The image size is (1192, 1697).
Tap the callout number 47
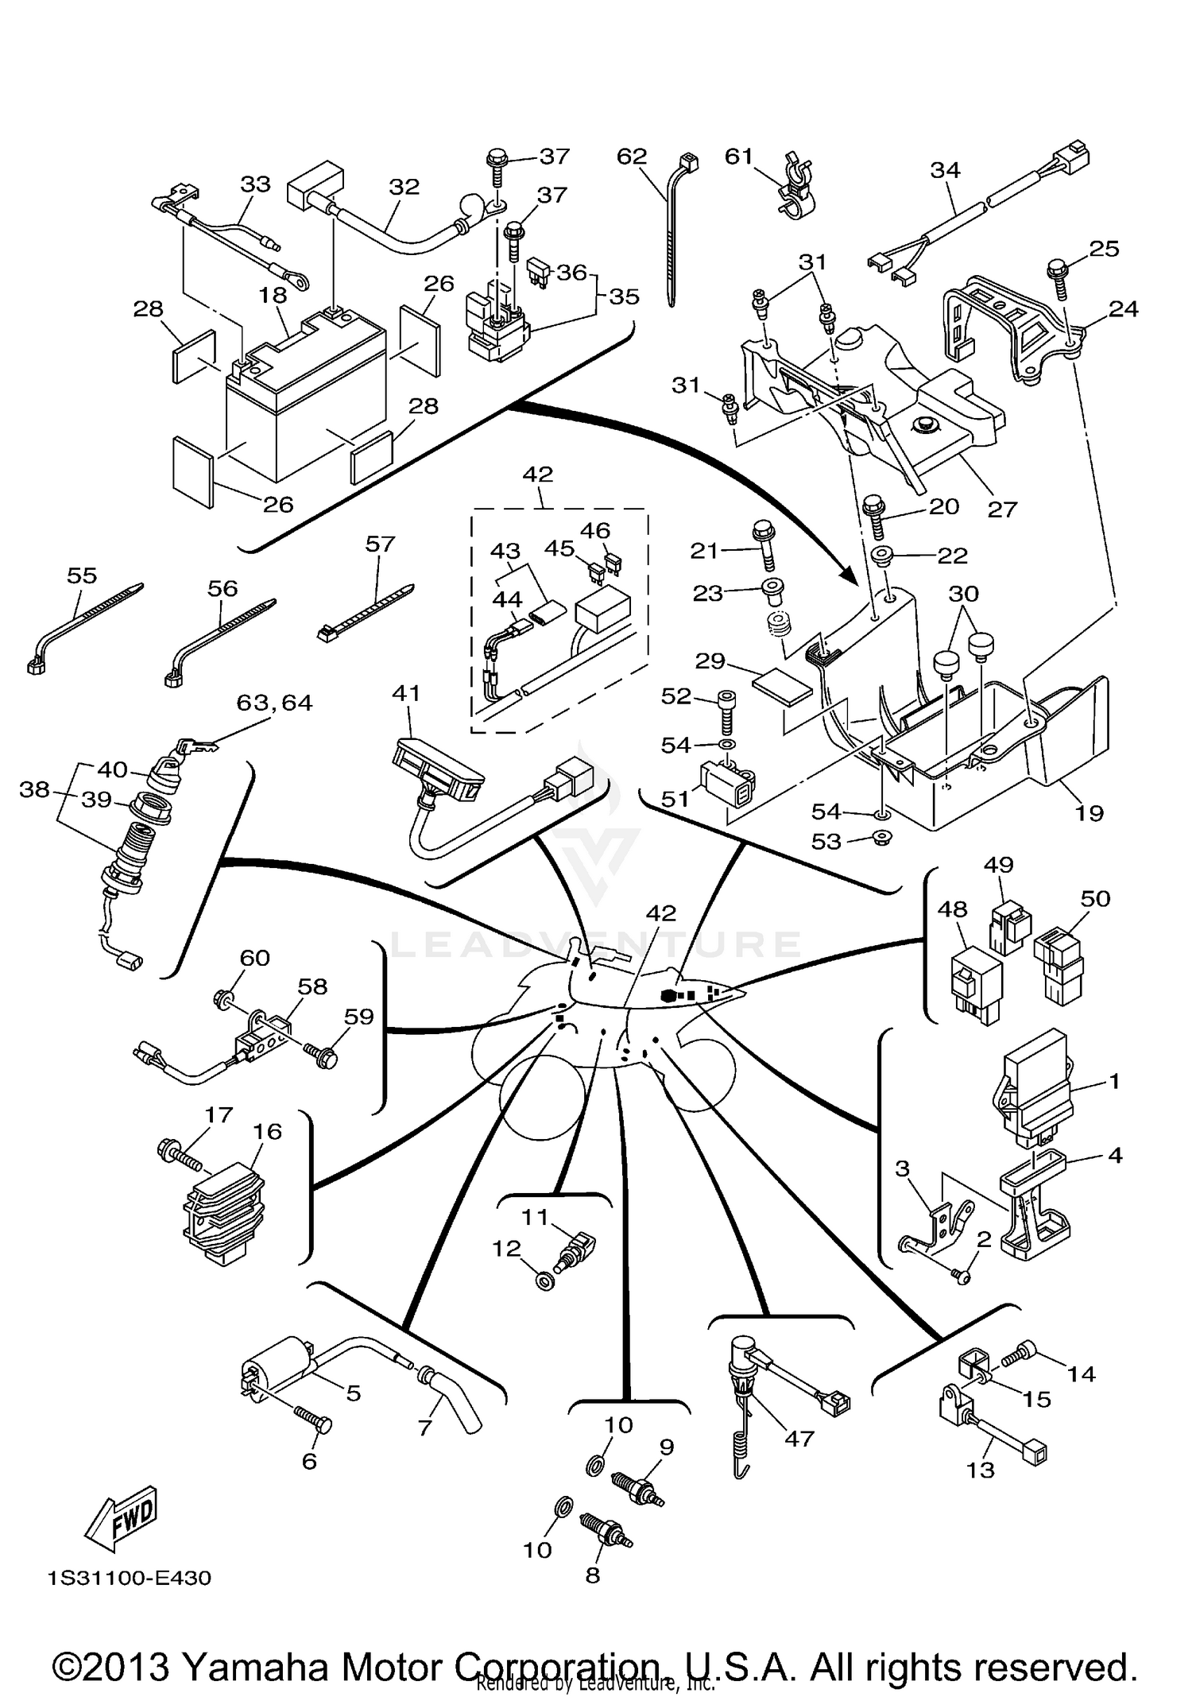click(799, 1439)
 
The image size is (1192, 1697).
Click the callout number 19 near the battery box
click(1089, 812)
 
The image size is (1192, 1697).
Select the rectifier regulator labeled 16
click(225, 1212)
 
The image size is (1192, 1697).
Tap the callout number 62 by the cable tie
click(632, 157)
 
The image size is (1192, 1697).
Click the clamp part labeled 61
click(795, 187)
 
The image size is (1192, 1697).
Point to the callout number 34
click(946, 170)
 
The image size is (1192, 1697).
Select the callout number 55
click(82, 575)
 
